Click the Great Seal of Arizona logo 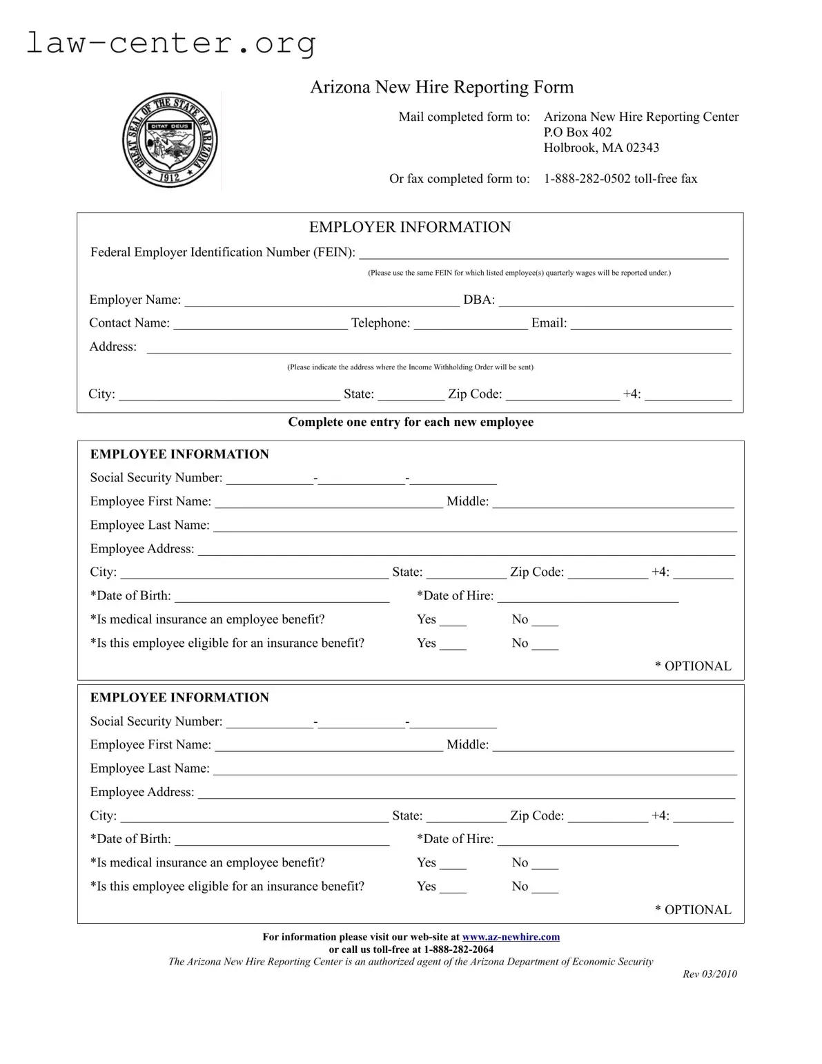coord(170,141)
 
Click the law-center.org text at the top coord(171,43)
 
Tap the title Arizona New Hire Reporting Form coord(442,87)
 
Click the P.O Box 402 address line coord(578,132)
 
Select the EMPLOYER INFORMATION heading coord(410,227)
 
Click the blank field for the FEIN coord(543,253)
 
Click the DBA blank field coord(616,300)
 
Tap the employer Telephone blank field coord(471,323)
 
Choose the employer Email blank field coord(651,323)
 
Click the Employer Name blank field coord(322,300)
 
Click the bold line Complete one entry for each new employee coord(411,422)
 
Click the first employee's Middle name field coord(613,502)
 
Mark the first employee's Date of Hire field coord(587,596)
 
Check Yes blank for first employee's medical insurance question coord(453,620)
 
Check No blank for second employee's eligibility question coord(545,887)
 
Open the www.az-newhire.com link coord(511,937)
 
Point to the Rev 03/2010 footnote coord(710,974)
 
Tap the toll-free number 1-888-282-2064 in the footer coord(458,949)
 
